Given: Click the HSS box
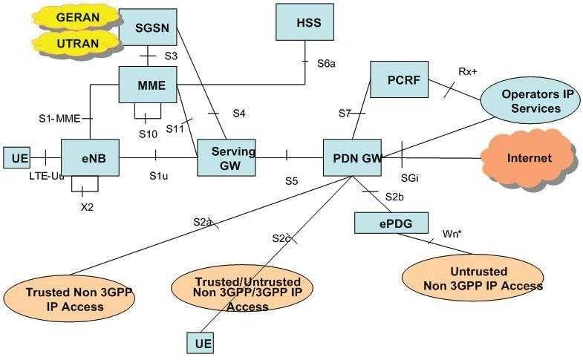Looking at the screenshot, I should coord(307,22).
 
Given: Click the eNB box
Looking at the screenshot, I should coord(90,157).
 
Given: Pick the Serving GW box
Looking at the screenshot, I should coord(226,157).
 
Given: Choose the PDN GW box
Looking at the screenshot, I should coord(353,157).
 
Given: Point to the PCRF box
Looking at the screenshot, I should coord(399,79).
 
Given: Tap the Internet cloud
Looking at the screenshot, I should coord(529,158).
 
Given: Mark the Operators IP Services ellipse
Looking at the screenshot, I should coord(530,101).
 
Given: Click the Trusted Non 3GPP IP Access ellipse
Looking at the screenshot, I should coord(69,299).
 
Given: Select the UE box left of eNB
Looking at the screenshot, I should coord(17,157).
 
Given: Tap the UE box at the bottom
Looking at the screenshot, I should coord(203,343).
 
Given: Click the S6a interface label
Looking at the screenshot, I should coord(326,64).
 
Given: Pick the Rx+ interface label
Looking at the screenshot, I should coord(467,71).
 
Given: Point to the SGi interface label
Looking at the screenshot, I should coord(409,179).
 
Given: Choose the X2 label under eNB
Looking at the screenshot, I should coord(87,207).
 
